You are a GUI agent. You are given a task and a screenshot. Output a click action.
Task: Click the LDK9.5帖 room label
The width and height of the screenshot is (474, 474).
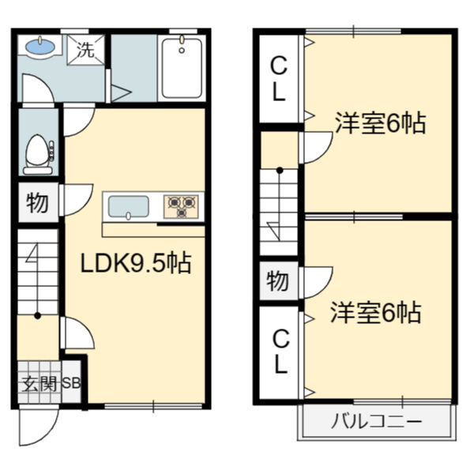pos(136,263)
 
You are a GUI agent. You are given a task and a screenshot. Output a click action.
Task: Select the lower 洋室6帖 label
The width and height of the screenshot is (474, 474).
pos(375,313)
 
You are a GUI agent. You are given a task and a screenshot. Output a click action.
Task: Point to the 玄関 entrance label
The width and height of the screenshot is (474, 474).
pos(35,385)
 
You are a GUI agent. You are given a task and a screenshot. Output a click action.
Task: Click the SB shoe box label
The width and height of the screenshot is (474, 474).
pos(71,385)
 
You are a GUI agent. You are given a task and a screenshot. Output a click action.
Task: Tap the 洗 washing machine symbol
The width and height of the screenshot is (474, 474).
pos(85,50)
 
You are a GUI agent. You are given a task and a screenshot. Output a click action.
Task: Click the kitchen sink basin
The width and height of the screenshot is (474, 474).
pos(128,207)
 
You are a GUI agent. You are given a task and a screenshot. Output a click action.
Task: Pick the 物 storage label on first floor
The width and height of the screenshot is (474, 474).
pos(36,203)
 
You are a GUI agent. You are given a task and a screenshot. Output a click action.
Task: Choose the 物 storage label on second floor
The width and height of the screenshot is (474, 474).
pos(277,280)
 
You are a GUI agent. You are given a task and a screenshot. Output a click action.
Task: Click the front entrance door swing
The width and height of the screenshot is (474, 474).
pos(37,427)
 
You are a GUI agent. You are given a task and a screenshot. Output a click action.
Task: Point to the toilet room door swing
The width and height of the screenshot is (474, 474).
pos(77,120)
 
